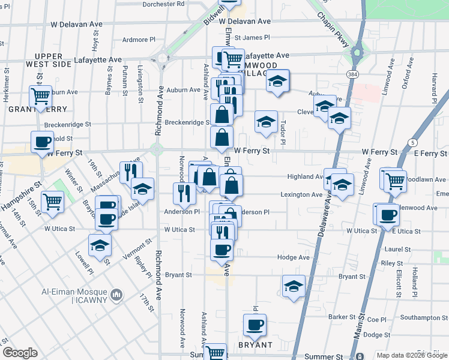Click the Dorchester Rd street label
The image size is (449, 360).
coord(164,4)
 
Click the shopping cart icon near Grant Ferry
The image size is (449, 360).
coord(41,95)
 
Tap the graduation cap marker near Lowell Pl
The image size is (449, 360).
coord(100,245)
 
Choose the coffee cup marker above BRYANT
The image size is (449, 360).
coord(255,325)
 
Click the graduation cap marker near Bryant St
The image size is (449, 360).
coord(294,286)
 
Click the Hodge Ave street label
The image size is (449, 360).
coord(294,257)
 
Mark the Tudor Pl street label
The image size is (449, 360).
coord(282,134)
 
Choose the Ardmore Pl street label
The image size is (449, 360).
coord(139,40)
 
